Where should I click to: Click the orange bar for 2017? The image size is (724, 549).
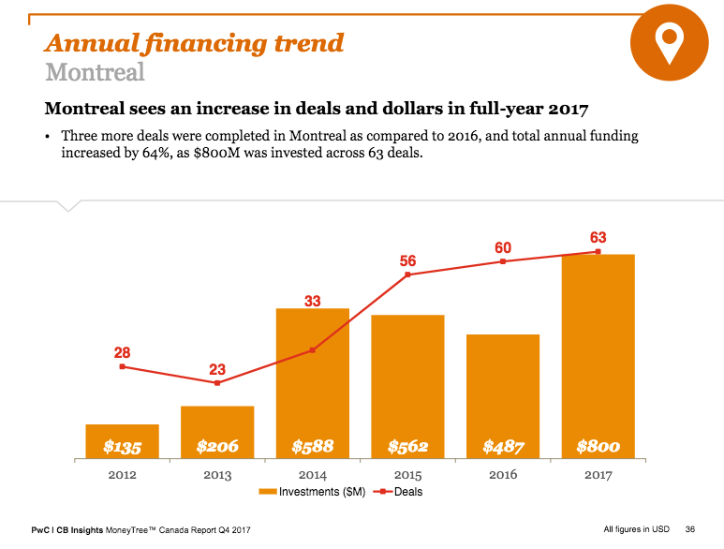click(598, 356)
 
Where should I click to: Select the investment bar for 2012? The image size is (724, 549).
click(122, 441)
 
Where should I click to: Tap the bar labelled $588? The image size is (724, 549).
click(313, 384)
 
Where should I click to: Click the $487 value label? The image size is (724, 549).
click(503, 447)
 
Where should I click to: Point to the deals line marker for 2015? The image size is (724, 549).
click(408, 274)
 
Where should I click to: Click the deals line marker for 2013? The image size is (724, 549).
click(217, 383)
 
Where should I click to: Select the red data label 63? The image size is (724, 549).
click(598, 237)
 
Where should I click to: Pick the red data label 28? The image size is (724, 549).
click(122, 353)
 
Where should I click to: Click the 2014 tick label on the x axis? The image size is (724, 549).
click(313, 475)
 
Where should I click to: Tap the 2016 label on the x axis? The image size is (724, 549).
click(503, 475)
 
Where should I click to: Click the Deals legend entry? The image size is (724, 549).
click(398, 491)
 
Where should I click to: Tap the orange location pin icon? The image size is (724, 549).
click(668, 42)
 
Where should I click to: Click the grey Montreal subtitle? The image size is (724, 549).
click(95, 71)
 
